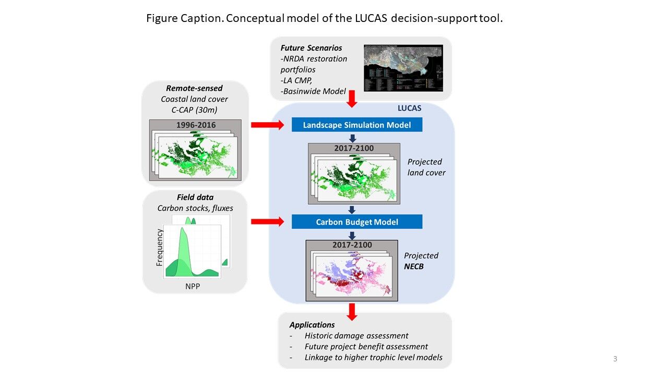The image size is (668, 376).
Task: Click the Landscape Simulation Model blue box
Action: (356, 125)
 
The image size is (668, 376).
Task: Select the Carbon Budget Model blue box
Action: (356, 222)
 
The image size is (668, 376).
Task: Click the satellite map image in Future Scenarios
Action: (403, 68)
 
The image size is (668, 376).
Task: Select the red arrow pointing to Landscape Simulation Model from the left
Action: (267, 125)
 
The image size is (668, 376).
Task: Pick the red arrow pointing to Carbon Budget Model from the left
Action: (267, 222)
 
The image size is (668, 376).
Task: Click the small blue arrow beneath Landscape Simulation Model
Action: (352, 138)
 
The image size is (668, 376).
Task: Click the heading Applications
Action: (312, 325)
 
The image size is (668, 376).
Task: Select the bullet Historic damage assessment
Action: (356, 336)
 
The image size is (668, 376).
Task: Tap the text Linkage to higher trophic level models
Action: (373, 358)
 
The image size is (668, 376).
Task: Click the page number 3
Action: (615, 359)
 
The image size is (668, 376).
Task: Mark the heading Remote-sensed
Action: (194, 89)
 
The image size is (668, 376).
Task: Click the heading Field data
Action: (195, 197)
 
